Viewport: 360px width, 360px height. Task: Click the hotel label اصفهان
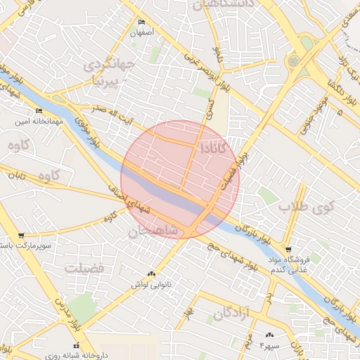point(141,32)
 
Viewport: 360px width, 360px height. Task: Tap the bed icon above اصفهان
point(142,22)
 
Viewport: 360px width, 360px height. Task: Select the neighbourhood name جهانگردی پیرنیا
point(107,72)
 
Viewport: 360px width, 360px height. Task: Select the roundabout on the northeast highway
point(293,60)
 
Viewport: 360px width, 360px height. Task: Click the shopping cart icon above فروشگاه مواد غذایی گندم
point(288,249)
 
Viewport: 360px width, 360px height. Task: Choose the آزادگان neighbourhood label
point(231,313)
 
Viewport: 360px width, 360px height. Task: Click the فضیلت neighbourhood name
point(84,269)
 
